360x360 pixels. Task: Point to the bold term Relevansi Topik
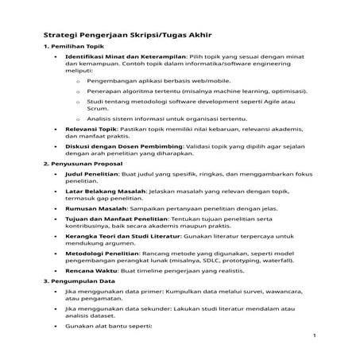(91, 127)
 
